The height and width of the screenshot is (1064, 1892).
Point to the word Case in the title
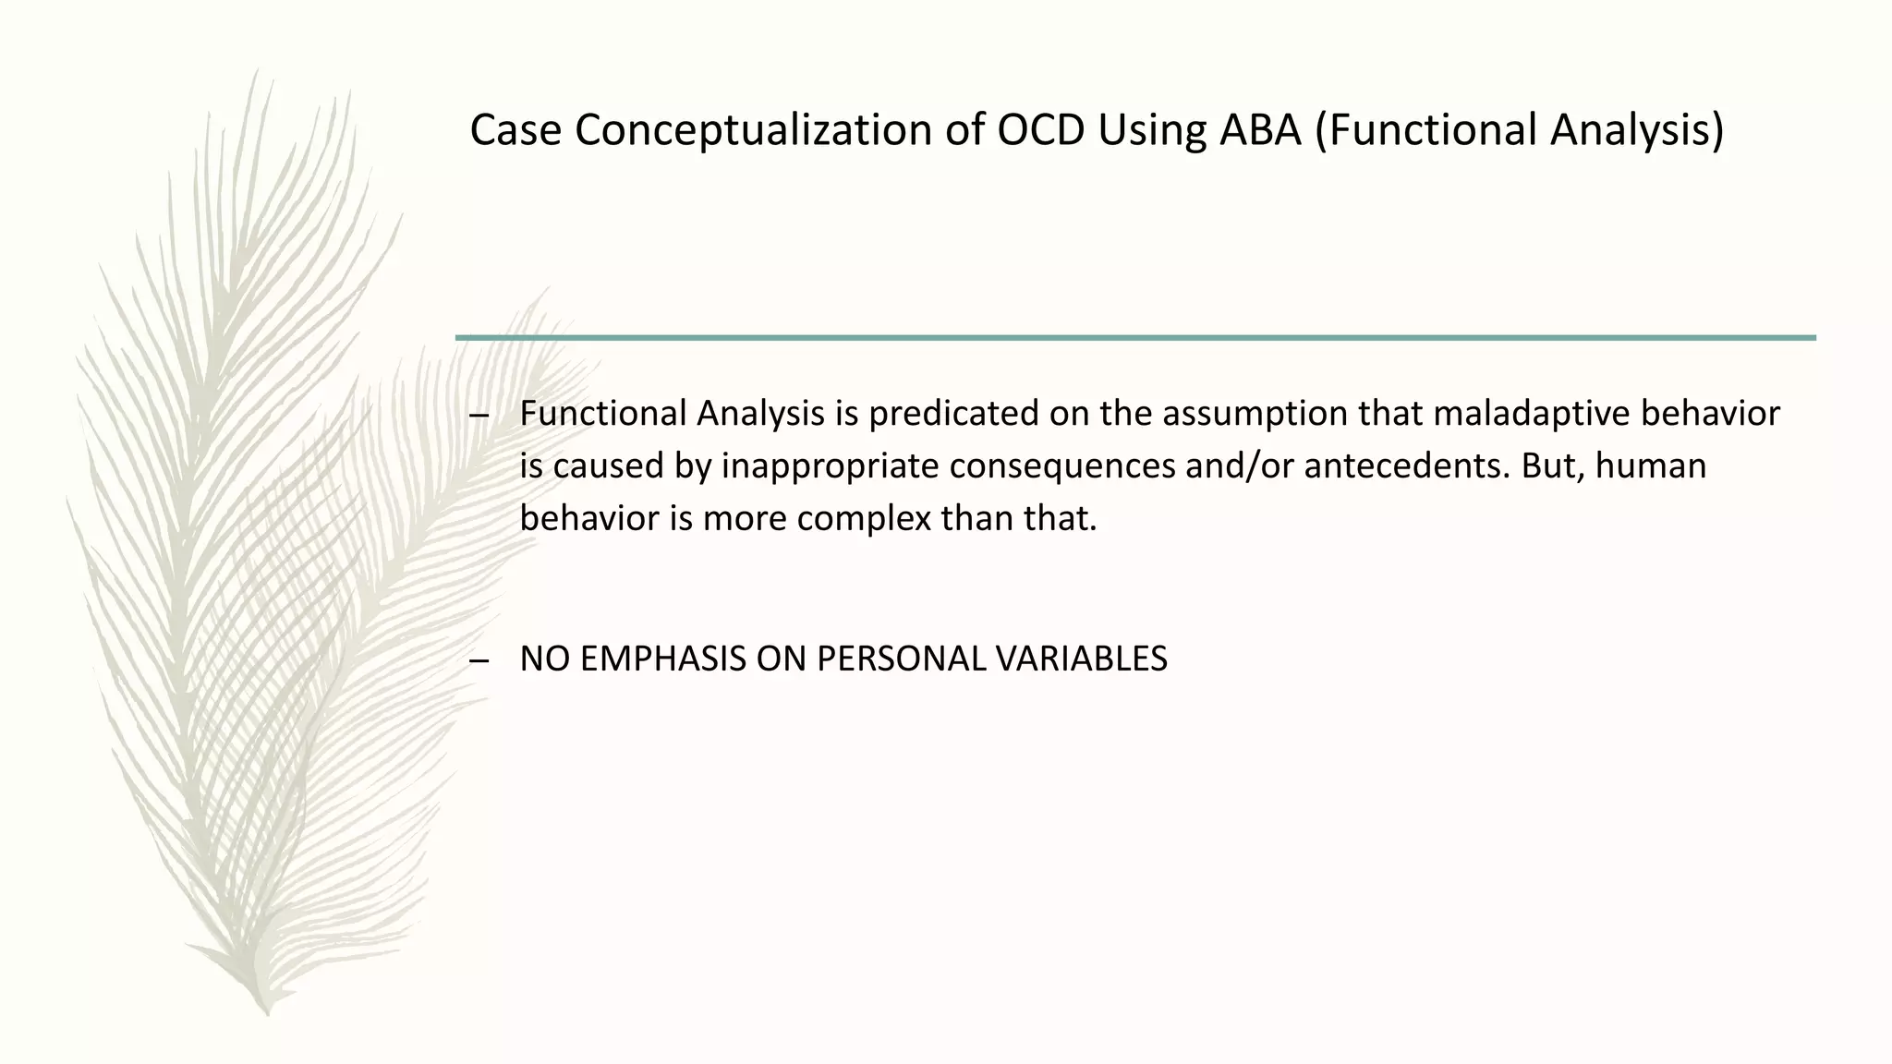click(515, 130)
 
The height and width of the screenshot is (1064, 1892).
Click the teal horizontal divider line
click(1135, 338)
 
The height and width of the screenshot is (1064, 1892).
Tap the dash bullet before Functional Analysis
click(479, 415)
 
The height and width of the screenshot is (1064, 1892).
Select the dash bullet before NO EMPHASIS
click(479, 660)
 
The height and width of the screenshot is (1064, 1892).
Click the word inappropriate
click(830, 465)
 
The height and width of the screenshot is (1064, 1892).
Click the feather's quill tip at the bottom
click(267, 1012)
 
